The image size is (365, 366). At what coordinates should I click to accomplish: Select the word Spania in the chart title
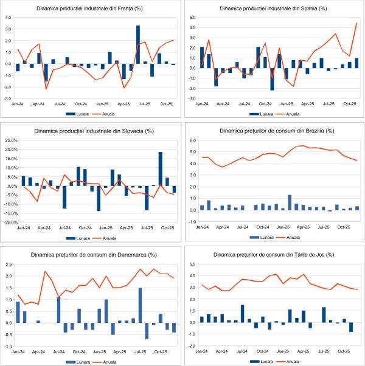tap(298, 9)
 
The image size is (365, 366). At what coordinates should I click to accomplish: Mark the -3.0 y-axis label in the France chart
tap(10, 98)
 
